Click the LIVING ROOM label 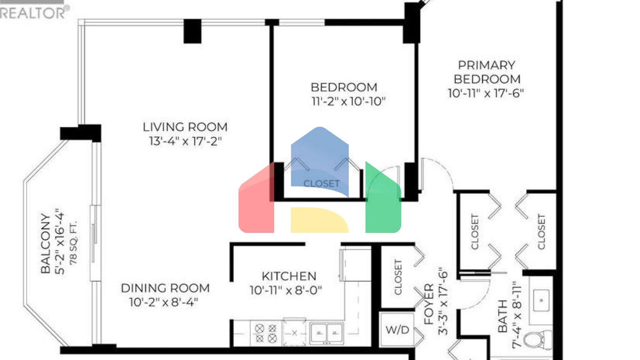(185, 127)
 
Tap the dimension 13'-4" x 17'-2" (185, 141)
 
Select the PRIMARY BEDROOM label (487, 72)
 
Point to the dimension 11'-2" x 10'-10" (348, 101)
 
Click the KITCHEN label (289, 276)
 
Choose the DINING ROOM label (165, 288)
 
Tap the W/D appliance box (397, 330)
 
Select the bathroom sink (541, 300)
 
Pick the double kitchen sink (327, 333)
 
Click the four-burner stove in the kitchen (266, 333)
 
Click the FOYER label (429, 304)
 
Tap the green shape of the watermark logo (382, 200)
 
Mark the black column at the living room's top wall (192, 31)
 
